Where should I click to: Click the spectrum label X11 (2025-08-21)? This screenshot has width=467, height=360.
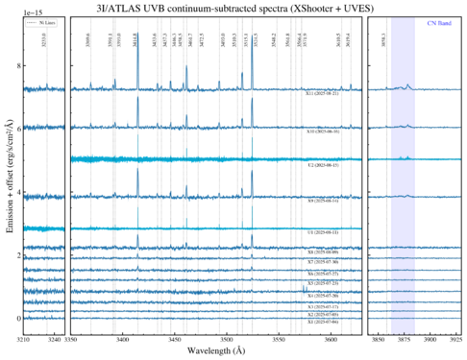pyautogui.click(x=322, y=95)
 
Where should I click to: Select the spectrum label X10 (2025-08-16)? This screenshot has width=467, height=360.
pyautogui.click(x=322, y=132)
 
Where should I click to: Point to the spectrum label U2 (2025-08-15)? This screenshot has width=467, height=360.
pyautogui.click(x=322, y=165)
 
